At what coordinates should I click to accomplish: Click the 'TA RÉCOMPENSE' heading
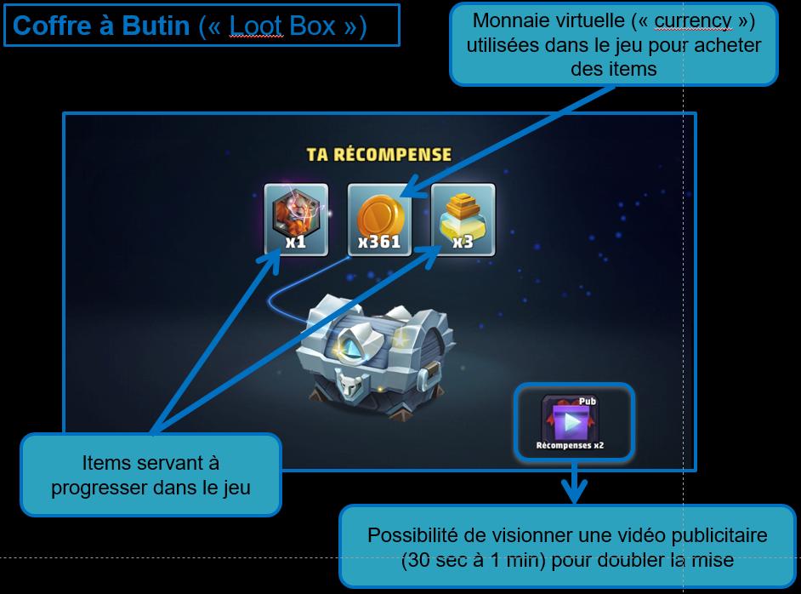(x=378, y=155)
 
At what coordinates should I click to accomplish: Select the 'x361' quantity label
(x=379, y=243)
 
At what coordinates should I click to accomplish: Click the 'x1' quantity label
(x=296, y=243)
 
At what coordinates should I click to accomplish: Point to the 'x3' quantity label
(x=463, y=243)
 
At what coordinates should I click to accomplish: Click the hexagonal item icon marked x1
(x=295, y=212)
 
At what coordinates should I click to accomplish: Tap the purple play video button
(x=571, y=420)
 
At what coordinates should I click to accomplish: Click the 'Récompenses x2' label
(x=571, y=445)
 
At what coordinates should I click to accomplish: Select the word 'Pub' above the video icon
(x=588, y=400)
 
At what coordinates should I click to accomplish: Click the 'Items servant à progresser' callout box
(x=151, y=475)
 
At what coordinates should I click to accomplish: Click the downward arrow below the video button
(x=575, y=486)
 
